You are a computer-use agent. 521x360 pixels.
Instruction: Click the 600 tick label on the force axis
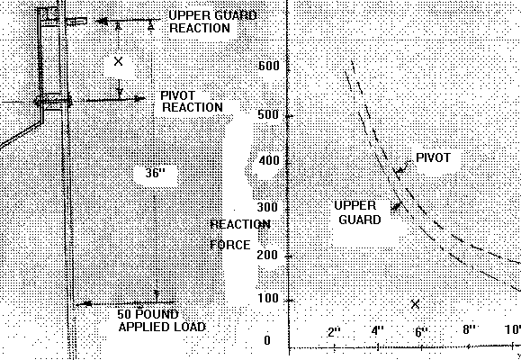pyautogui.click(x=269, y=66)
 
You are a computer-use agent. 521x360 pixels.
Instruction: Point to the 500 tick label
pyautogui.click(x=269, y=114)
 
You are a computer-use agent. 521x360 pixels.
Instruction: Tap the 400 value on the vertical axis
pyautogui.click(x=269, y=160)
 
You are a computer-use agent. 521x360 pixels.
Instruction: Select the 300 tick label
pyautogui.click(x=268, y=207)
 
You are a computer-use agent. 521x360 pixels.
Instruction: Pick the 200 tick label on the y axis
pyautogui.click(x=268, y=256)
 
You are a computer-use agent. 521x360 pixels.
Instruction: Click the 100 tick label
pyautogui.click(x=268, y=298)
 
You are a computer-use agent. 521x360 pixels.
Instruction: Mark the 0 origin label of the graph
pyautogui.click(x=267, y=340)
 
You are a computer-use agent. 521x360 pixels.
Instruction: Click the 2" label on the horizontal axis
pyautogui.click(x=334, y=332)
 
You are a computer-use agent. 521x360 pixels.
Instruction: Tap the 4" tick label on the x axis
pyautogui.click(x=378, y=331)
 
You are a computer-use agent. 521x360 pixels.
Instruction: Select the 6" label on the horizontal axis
pyautogui.click(x=421, y=332)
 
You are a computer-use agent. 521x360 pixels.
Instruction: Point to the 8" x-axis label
pyautogui.click(x=469, y=329)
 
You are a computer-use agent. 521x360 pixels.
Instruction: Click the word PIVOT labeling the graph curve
pyautogui.click(x=434, y=157)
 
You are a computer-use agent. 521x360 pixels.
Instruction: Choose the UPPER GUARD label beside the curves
pyautogui.click(x=357, y=212)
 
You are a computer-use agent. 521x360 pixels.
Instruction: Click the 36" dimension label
pyautogui.click(x=155, y=173)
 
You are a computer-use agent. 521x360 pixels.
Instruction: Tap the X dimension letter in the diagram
pyautogui.click(x=118, y=61)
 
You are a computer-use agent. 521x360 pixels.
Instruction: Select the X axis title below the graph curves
pyautogui.click(x=416, y=304)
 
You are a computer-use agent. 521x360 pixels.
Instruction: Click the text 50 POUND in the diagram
pyautogui.click(x=148, y=314)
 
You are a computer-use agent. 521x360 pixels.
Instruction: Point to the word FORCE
pyautogui.click(x=230, y=245)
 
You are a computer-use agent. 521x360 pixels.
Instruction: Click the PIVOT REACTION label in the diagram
pyautogui.click(x=192, y=102)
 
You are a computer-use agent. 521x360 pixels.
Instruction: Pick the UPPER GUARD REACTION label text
pyautogui.click(x=212, y=22)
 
